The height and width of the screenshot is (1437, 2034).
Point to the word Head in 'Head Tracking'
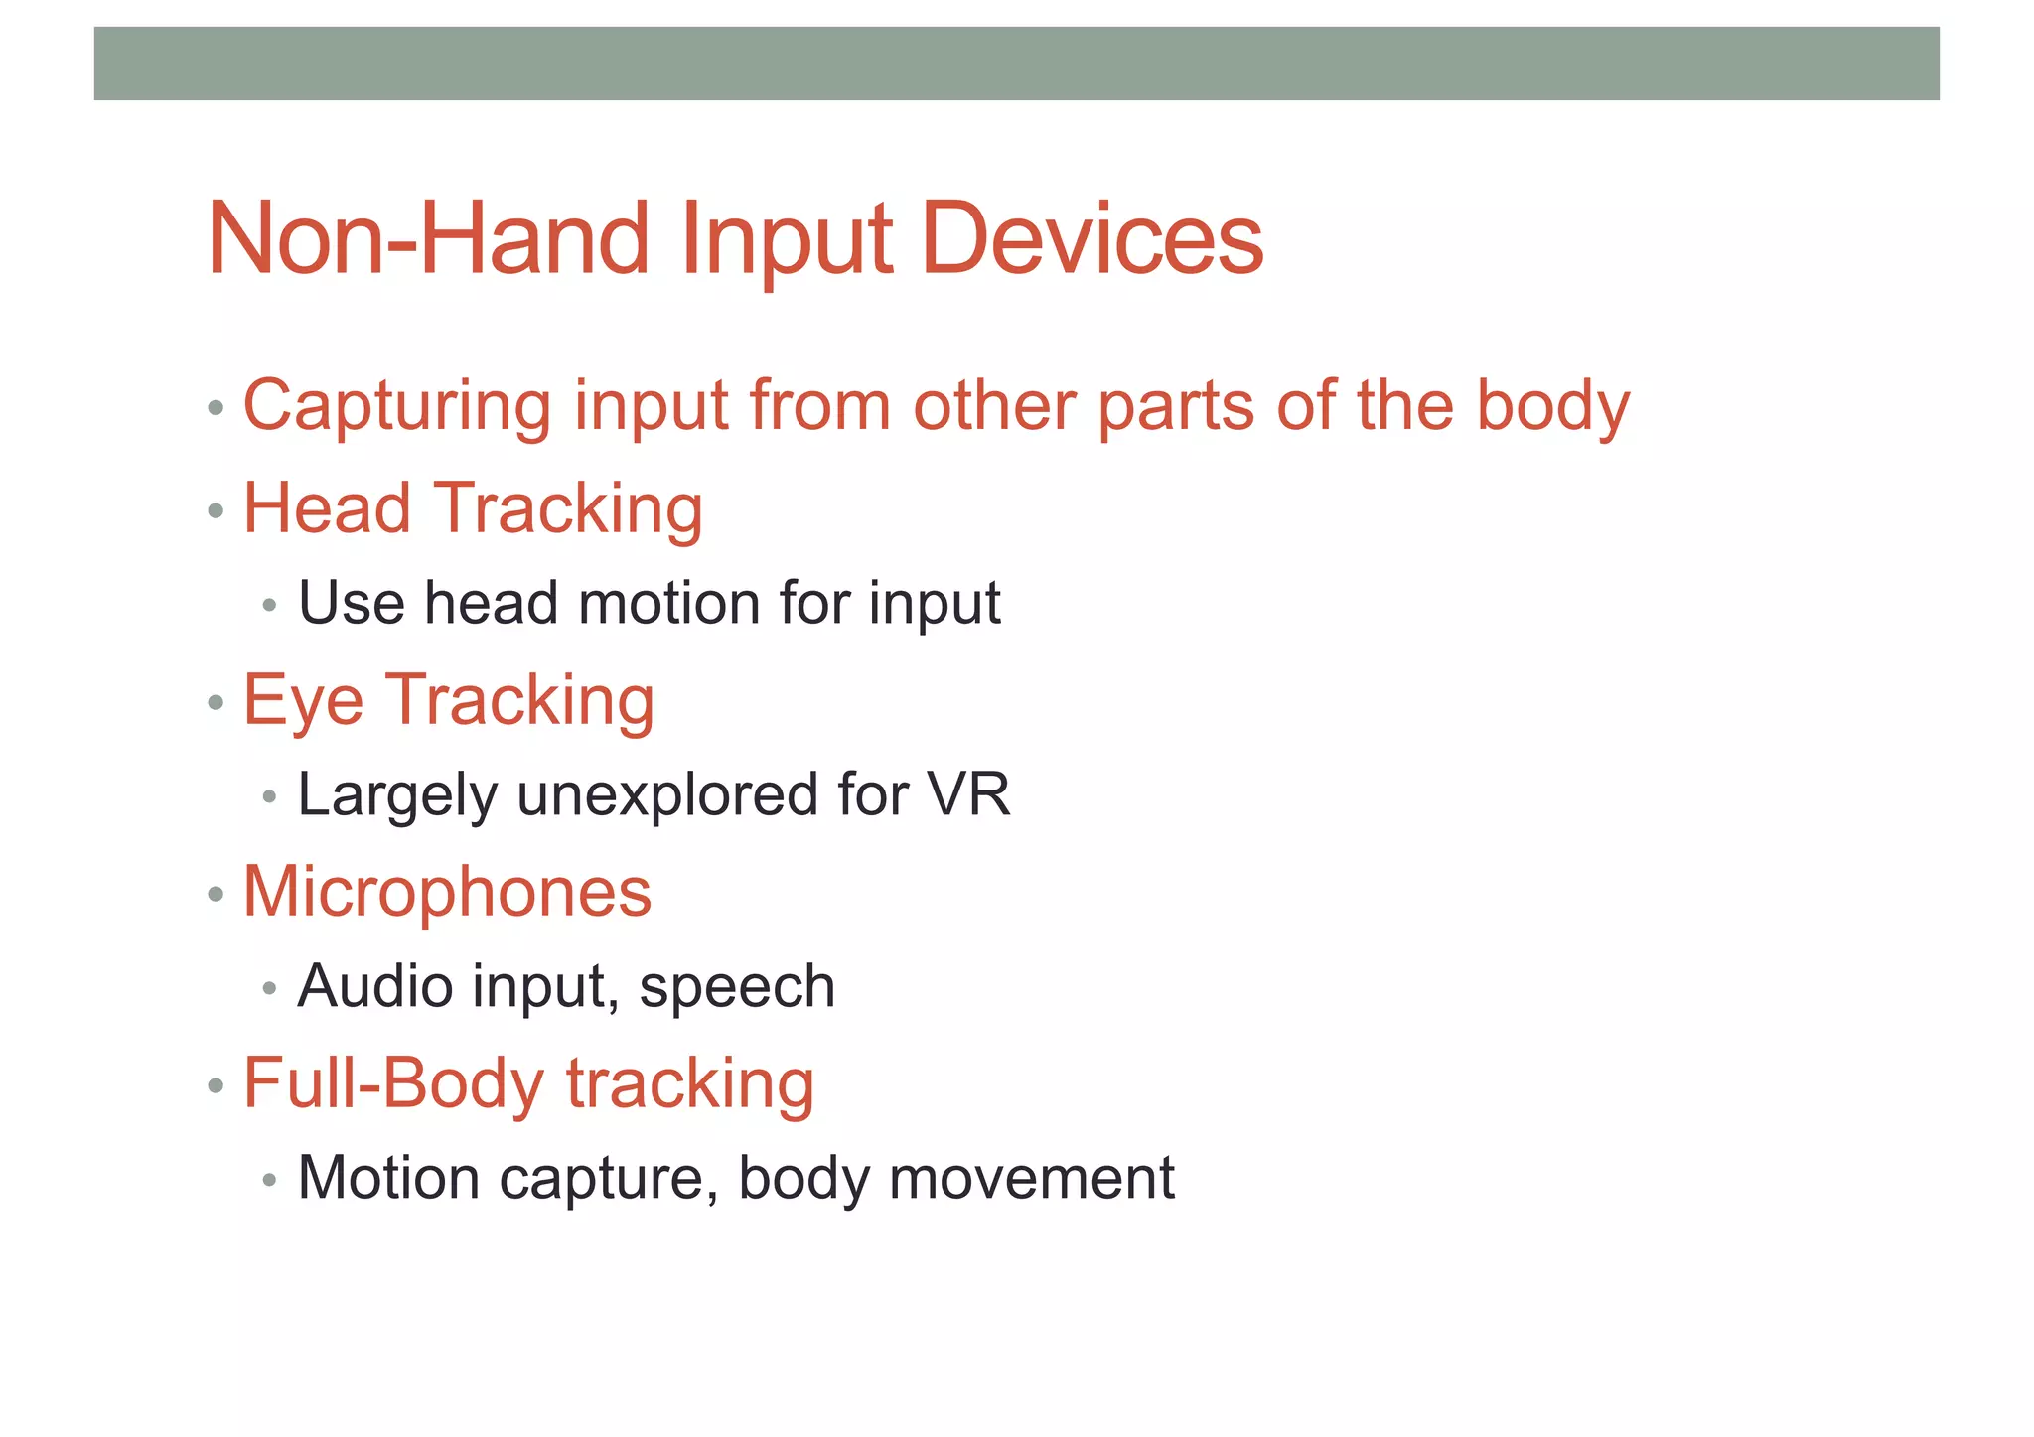coord(327,508)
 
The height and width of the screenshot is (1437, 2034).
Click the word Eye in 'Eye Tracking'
coord(303,701)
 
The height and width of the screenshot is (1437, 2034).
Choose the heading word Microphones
coord(447,891)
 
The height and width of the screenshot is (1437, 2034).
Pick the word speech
coord(737,987)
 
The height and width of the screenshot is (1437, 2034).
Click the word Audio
coord(374,986)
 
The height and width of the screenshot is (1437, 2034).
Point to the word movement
coord(1032,1178)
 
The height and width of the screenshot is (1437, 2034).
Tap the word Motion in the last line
coord(389,1178)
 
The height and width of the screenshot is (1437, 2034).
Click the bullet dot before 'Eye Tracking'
coord(216,704)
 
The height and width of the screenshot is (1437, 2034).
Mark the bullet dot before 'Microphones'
coord(216,895)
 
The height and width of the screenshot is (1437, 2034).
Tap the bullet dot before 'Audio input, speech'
coord(269,989)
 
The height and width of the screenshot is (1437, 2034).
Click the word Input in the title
coord(786,240)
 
